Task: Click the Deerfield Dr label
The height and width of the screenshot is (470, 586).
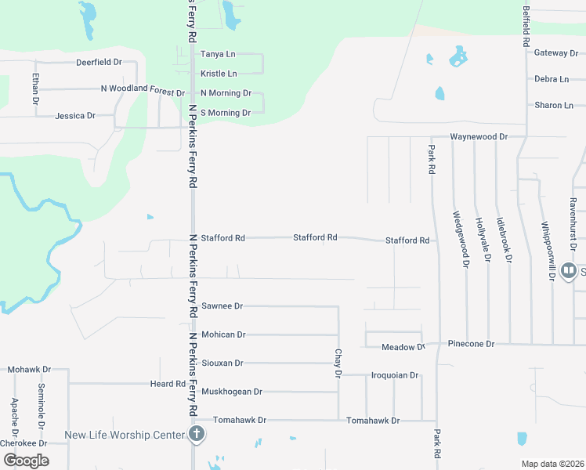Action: click(x=99, y=62)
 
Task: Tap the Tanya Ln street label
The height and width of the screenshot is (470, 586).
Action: click(x=219, y=54)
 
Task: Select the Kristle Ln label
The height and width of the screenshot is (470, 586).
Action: click(x=219, y=74)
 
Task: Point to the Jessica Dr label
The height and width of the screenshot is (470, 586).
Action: click(x=75, y=116)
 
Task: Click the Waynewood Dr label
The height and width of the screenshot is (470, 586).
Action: click(x=479, y=136)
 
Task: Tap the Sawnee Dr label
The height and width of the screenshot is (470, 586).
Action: click(x=222, y=306)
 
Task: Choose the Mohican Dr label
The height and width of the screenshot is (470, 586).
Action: click(x=223, y=334)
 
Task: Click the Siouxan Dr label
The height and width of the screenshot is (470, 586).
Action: click(x=222, y=363)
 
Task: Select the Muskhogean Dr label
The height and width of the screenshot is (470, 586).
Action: click(x=231, y=392)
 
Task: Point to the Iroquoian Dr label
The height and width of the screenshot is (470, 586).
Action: click(x=395, y=375)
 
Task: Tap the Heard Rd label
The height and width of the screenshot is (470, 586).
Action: click(x=168, y=384)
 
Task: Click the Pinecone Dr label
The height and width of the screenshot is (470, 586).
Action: click(x=472, y=344)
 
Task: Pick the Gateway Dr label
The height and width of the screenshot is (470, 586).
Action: click(x=555, y=53)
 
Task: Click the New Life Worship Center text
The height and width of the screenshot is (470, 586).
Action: click(x=125, y=435)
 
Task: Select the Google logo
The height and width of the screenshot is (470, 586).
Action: click(x=26, y=461)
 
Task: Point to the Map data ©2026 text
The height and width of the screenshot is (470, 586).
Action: click(x=552, y=464)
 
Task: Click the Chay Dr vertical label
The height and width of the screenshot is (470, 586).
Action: click(x=338, y=363)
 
